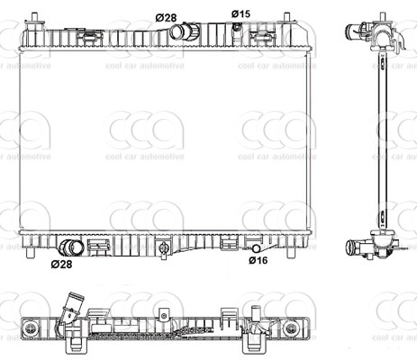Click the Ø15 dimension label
[x=240, y=13]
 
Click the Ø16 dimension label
[x=258, y=260]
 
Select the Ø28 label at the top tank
[x=166, y=18]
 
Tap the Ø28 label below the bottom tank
[x=61, y=265]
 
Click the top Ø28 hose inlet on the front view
[x=185, y=31]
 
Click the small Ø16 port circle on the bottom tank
[x=257, y=248]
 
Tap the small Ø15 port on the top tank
[x=237, y=27]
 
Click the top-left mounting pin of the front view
[x=35, y=17]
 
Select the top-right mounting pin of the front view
[x=287, y=17]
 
